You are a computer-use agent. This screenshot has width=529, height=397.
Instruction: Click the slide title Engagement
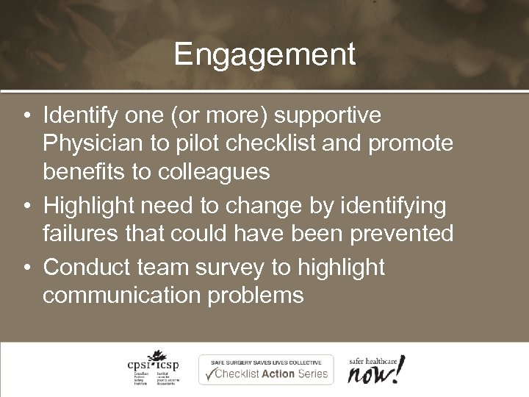[x=264, y=55]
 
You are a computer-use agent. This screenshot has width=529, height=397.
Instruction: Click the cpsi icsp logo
[x=151, y=368]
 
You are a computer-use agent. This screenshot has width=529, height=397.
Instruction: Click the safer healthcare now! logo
[x=375, y=368]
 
